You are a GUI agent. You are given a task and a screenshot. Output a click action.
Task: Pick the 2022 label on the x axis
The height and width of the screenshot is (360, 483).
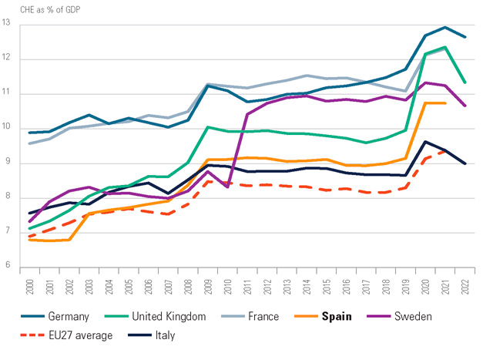(x=464, y=284)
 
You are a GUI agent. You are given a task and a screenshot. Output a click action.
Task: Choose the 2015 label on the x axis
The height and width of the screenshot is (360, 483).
(x=327, y=284)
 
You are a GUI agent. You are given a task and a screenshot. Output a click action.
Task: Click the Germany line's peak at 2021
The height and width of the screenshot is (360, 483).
(x=444, y=27)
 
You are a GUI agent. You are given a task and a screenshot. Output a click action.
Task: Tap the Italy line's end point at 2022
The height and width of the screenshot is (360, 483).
(x=464, y=163)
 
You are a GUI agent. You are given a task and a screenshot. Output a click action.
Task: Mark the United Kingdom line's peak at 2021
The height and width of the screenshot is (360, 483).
(x=444, y=47)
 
